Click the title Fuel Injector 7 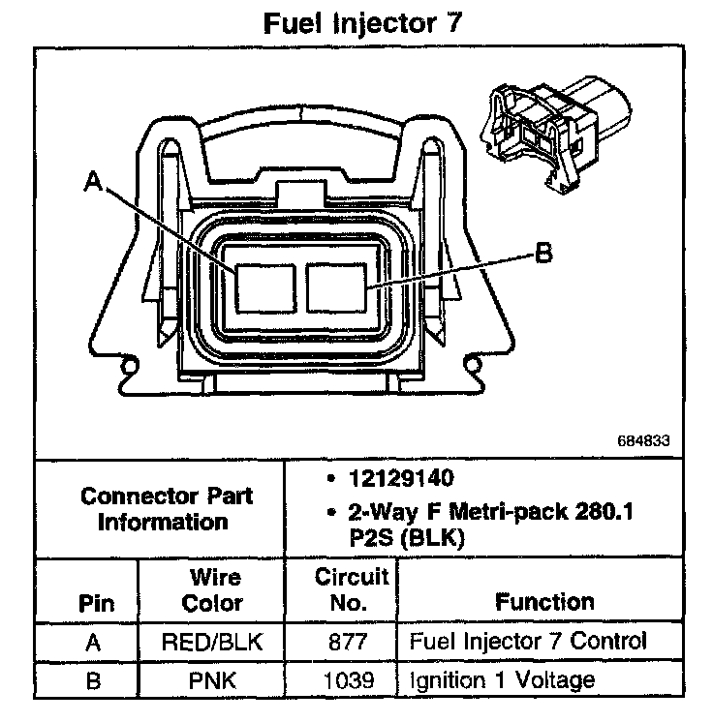pos(357,23)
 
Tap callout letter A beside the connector pos(94,181)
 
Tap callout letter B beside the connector pos(542,255)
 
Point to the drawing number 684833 pos(643,440)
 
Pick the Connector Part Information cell pos(167,508)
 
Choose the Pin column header pos(95,604)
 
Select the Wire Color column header pos(213,590)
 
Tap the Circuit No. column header pos(352,590)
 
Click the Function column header pos(544,602)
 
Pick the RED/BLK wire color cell pos(213,641)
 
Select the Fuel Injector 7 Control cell pos(528,641)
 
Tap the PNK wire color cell pos(213,680)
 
